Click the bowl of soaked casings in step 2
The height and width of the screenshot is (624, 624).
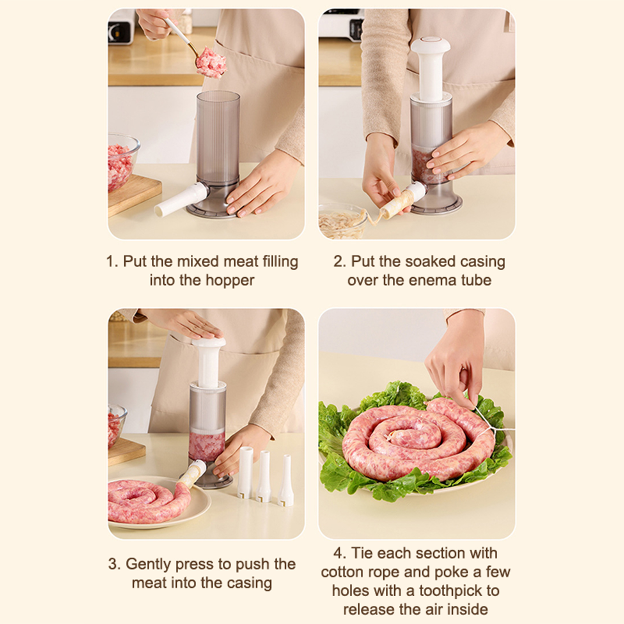click(341, 222)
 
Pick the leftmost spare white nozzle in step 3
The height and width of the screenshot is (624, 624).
click(246, 472)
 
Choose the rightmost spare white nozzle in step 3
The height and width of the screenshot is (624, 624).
click(286, 480)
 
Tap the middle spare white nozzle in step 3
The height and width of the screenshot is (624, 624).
click(264, 476)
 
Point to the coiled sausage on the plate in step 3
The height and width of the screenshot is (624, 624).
click(150, 502)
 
